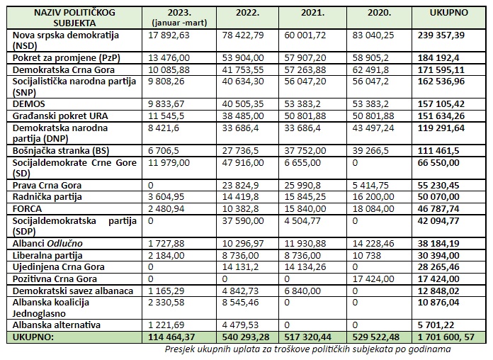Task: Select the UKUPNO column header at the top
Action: pos(446,13)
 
